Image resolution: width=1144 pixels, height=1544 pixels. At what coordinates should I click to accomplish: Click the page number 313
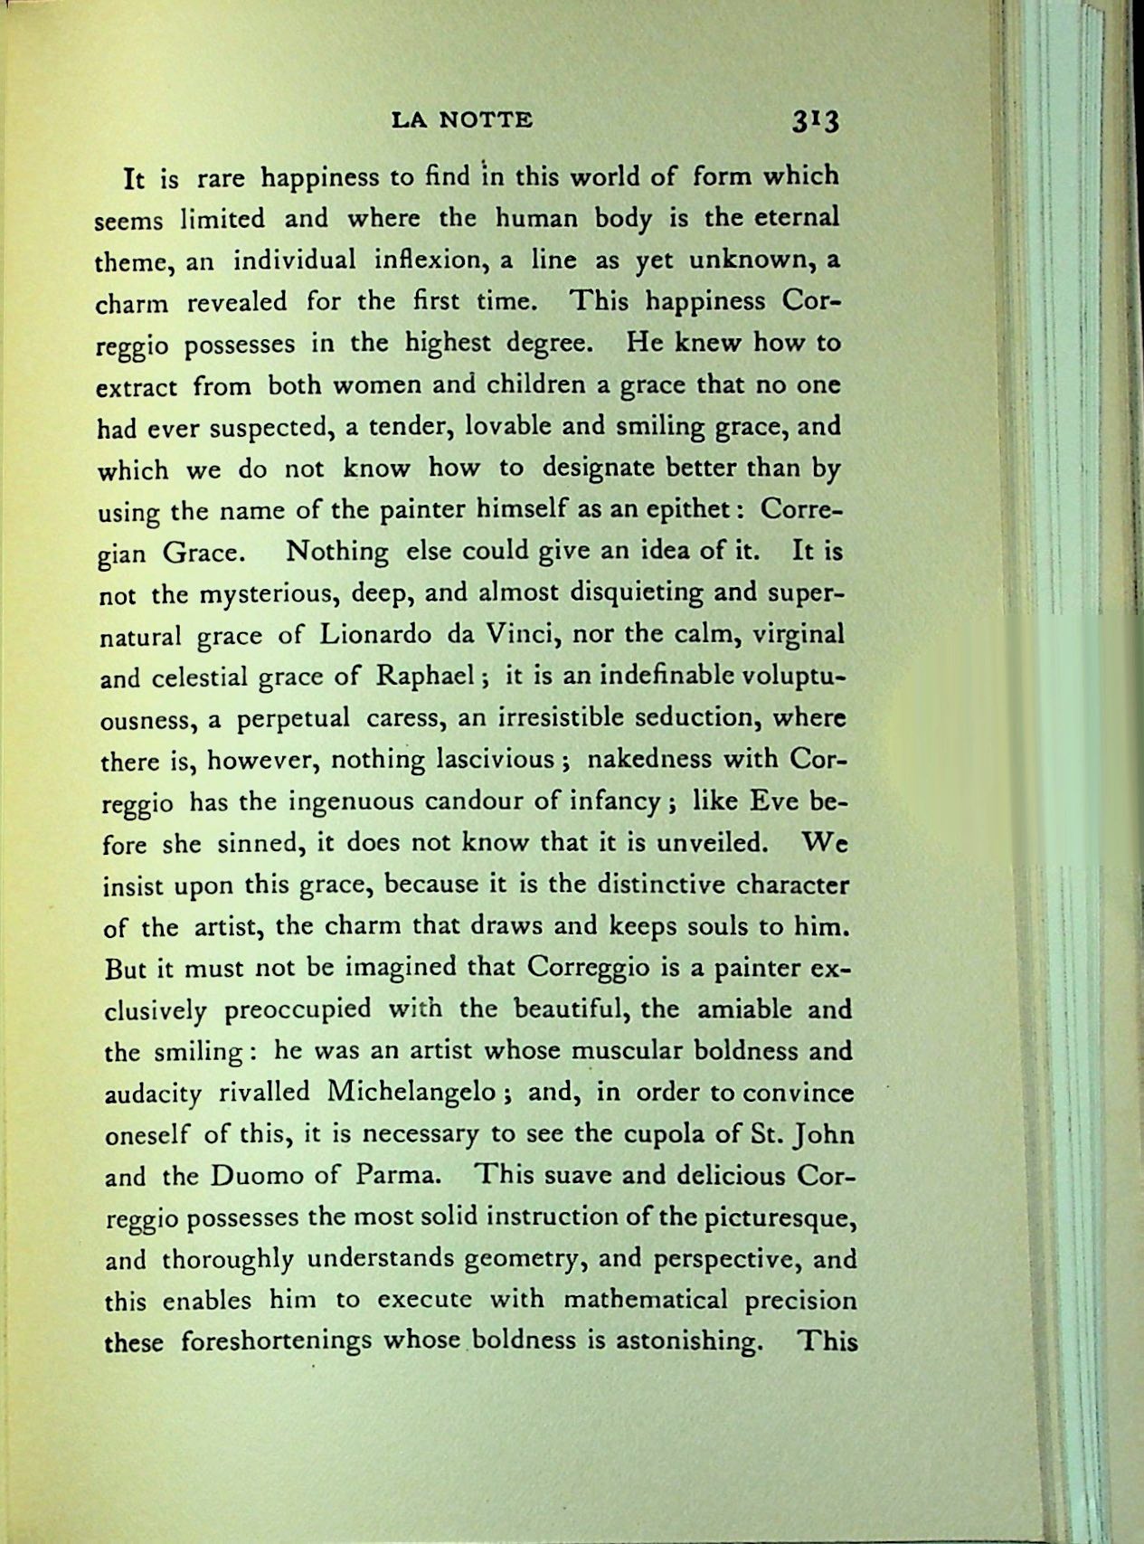coord(815,121)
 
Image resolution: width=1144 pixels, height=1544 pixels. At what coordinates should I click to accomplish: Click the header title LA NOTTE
coord(462,119)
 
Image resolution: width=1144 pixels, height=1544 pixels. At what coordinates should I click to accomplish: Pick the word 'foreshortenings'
coord(276,1341)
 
